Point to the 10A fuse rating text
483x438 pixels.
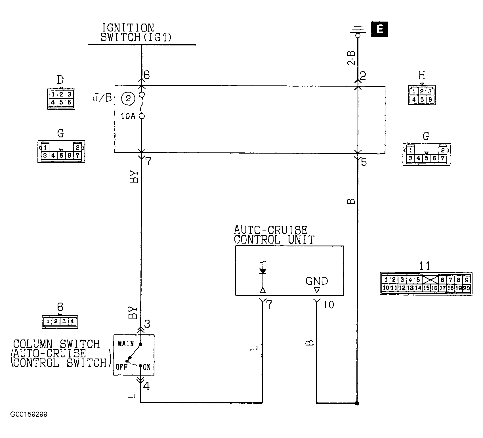pyautogui.click(x=128, y=116)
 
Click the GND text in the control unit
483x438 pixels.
pyautogui.click(x=317, y=281)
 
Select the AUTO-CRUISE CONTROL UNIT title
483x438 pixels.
pyautogui.click(x=274, y=235)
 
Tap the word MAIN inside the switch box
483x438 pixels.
pyautogui.click(x=126, y=344)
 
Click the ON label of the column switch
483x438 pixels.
pyautogui.click(x=147, y=368)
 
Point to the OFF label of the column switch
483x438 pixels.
pyautogui.click(x=121, y=367)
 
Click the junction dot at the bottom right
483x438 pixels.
pyautogui.click(x=357, y=403)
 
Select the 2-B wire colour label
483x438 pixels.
pyautogui.click(x=351, y=58)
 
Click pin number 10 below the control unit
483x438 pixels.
pyautogui.click(x=329, y=305)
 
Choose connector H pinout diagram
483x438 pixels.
pyautogui.click(x=422, y=95)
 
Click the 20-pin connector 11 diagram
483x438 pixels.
pyautogui.click(x=426, y=284)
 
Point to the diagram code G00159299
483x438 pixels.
pyautogui.click(x=29, y=414)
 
